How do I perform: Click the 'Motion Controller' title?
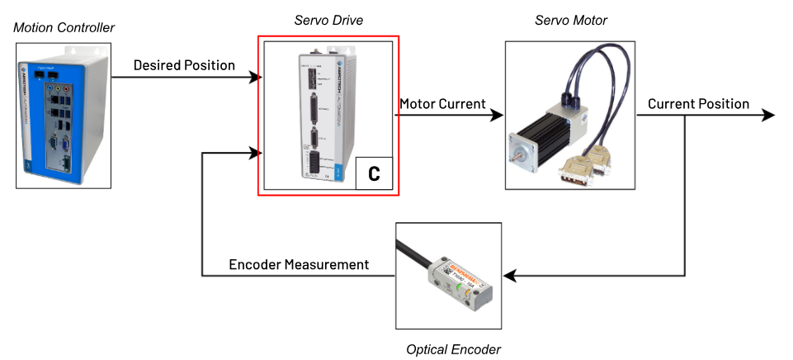(64, 28)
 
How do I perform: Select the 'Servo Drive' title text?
(328, 18)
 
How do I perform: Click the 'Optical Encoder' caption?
(453, 349)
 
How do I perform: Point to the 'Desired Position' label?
(185, 64)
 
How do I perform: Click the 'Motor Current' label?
(442, 104)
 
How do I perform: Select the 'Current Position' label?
(698, 104)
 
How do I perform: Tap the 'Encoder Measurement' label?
(299, 264)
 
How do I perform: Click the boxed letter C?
(374, 174)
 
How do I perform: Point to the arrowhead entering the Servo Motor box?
(498, 116)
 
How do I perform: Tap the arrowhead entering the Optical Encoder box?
(508, 275)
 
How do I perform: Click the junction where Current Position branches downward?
(685, 116)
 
